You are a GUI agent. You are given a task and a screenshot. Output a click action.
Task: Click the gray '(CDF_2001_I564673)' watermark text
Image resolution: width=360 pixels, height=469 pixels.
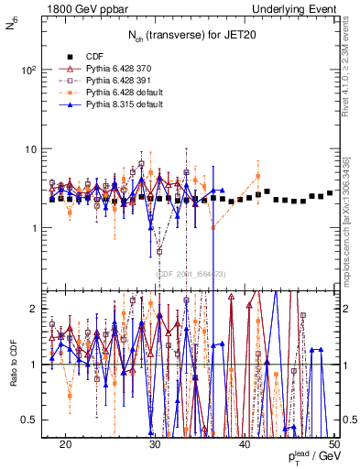tap(191, 274)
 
